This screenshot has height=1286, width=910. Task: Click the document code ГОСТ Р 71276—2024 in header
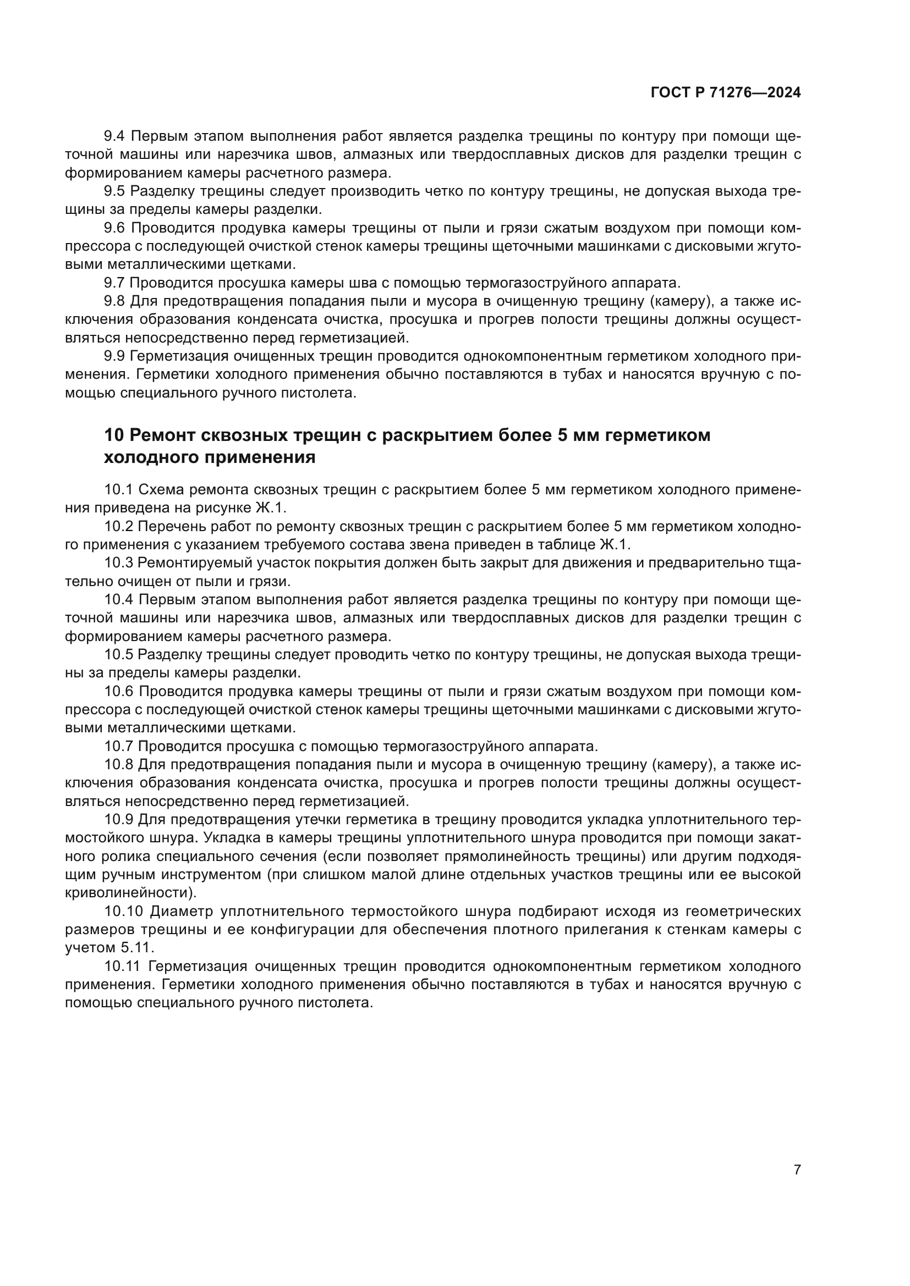pyautogui.click(x=726, y=93)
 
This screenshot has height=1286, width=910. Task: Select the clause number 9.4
pyautogui.click(x=115, y=136)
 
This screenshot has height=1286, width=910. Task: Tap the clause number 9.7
pyautogui.click(x=115, y=283)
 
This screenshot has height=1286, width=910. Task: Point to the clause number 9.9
pyautogui.click(x=115, y=356)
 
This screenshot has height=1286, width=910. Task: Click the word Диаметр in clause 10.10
pyautogui.click(x=182, y=911)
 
